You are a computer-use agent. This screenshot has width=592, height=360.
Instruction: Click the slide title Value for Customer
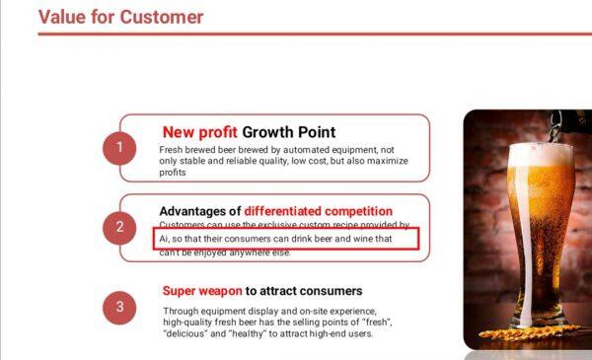tap(120, 17)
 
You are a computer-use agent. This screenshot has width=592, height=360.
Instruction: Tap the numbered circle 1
tap(119, 148)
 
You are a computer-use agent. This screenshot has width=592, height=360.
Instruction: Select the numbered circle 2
tap(119, 227)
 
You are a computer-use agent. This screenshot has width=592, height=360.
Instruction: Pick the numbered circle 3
tap(119, 307)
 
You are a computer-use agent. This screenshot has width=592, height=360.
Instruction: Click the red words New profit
tap(200, 132)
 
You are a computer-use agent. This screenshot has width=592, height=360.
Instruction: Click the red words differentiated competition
tap(319, 211)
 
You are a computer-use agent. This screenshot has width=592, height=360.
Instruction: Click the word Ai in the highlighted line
tap(164, 239)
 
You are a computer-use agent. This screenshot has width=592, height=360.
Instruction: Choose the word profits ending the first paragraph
tap(173, 172)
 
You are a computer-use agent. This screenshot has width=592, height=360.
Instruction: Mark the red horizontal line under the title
tap(296, 34)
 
